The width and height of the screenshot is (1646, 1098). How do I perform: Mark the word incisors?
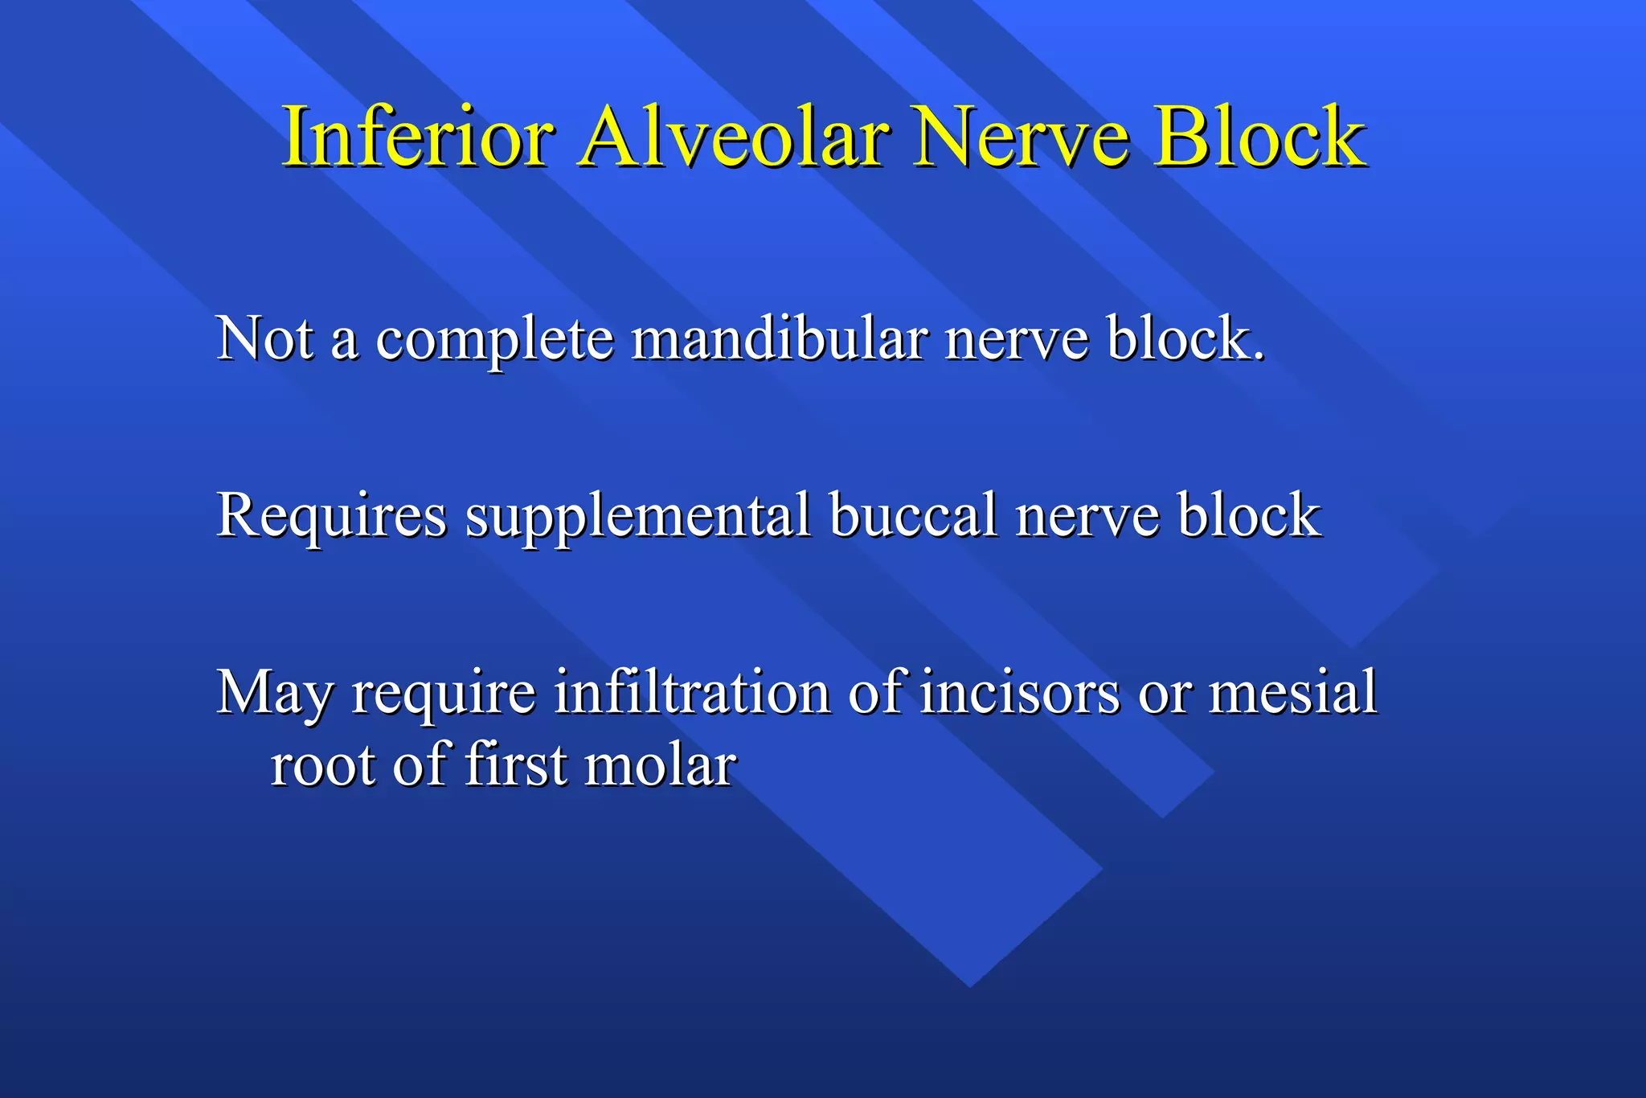pyautogui.click(x=1019, y=693)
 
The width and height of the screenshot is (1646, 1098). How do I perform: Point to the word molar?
pyautogui.click(x=660, y=765)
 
